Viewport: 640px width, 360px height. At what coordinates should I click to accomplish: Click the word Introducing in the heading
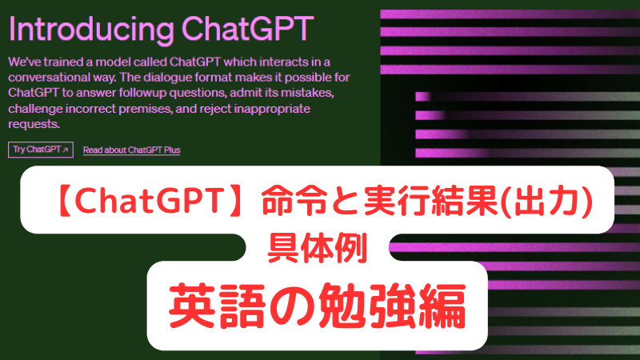coord(91,30)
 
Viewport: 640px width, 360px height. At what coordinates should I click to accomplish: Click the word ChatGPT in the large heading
coord(248,29)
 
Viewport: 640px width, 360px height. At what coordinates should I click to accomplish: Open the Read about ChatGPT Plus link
coord(132,150)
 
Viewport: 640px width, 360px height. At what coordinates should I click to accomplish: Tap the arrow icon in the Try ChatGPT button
coord(66,150)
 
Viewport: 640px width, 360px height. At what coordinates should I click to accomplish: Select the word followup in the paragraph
coord(143,93)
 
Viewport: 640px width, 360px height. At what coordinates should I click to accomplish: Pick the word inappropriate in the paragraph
coord(272,109)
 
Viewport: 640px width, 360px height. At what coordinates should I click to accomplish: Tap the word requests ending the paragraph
coord(34,125)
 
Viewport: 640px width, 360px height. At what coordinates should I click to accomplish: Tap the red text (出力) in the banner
coord(547,201)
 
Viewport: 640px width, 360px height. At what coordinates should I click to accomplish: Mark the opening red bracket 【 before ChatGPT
coord(64,201)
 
